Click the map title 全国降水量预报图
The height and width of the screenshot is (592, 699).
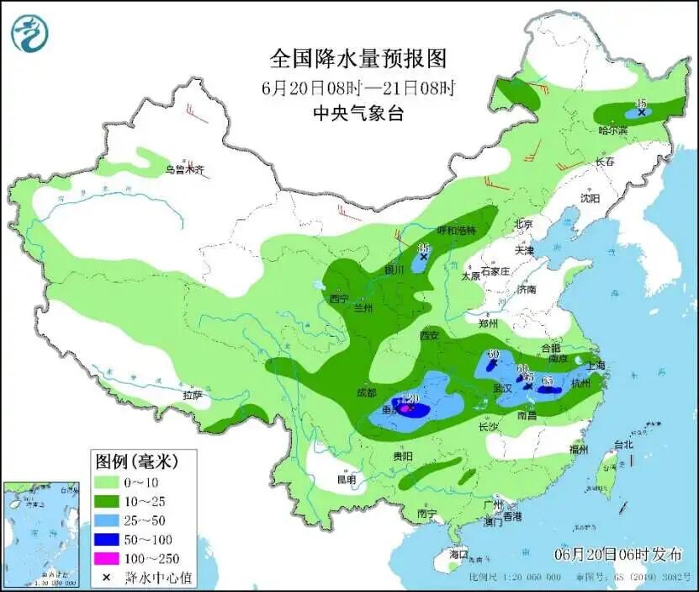(357, 58)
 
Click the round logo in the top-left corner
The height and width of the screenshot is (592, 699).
(30, 33)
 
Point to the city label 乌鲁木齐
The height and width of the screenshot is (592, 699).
(184, 170)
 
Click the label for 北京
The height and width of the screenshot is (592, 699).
(523, 224)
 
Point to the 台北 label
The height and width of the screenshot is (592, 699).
(623, 444)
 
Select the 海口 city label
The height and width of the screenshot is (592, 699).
(458, 557)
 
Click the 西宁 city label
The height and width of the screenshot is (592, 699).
(339, 298)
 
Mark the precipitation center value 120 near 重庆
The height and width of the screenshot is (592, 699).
(411, 398)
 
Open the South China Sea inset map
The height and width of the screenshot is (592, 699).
(41, 534)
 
